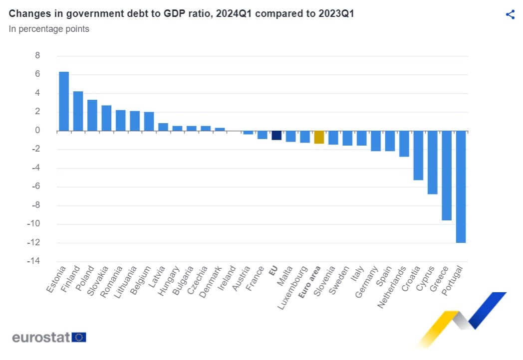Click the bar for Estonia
(64, 101)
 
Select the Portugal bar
(461, 186)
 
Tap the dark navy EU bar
(276, 135)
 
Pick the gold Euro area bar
(319, 137)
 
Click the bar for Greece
(447, 176)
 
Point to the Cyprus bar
(433, 163)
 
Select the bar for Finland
(78, 111)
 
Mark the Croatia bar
(418, 156)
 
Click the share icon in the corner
(511, 14)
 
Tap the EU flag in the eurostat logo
(79, 338)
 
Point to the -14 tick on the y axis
(33, 261)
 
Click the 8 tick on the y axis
(37, 55)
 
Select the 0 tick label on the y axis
(37, 130)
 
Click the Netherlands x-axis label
(392, 287)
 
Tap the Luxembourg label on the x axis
(292, 288)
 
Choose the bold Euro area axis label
(310, 282)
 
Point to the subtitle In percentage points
(49, 29)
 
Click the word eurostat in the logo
(41, 338)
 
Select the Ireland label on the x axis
(227, 278)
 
